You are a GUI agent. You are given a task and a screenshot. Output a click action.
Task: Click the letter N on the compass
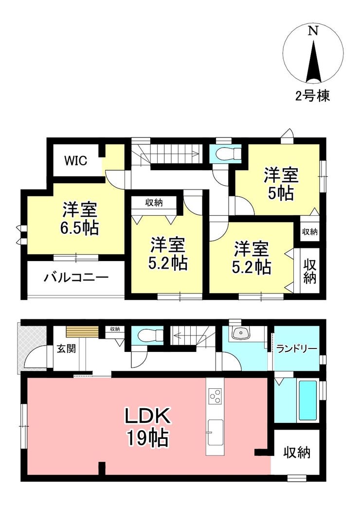313,31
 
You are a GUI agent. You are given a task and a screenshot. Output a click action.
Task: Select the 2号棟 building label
313,96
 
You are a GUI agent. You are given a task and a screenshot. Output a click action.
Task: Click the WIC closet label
76,160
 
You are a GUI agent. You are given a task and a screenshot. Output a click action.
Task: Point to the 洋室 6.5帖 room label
80,219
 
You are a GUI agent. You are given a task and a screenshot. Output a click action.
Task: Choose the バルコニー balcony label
76,278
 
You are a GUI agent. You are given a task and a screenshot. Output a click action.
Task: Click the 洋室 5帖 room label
281,184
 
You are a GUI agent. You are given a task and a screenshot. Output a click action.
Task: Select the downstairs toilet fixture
149,335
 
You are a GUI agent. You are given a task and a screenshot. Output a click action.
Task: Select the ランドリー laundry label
296,349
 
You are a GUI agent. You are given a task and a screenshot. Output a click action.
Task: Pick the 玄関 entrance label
66,348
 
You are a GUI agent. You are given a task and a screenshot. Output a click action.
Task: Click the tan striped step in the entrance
82,332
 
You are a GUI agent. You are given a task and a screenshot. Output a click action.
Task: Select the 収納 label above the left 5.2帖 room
154,203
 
